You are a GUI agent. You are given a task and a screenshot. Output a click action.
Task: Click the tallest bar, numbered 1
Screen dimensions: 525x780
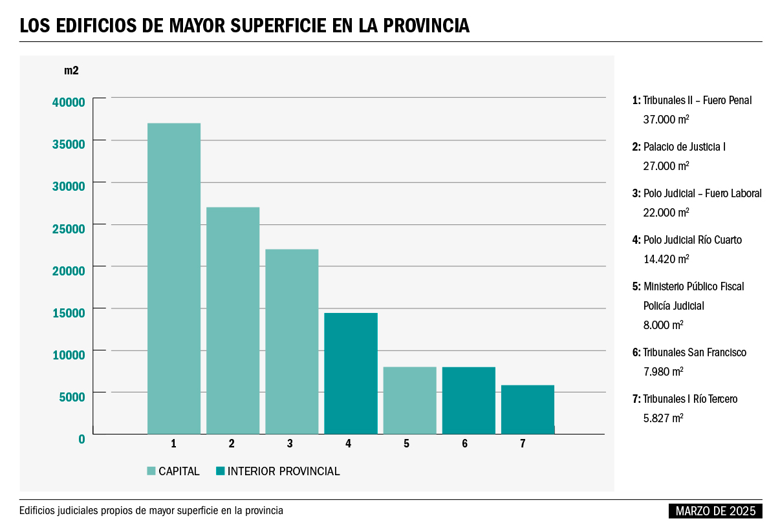coord(174,278)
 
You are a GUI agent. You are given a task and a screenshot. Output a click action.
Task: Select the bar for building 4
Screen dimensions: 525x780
coord(351,373)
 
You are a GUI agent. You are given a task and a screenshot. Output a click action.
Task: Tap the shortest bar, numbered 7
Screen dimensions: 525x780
coord(528,409)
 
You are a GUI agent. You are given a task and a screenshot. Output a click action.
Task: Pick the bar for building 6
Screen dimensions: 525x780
coord(469,400)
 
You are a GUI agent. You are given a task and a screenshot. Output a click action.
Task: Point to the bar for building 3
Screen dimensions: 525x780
coord(292,341)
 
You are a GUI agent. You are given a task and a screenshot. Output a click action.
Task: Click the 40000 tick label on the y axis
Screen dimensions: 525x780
coord(69,102)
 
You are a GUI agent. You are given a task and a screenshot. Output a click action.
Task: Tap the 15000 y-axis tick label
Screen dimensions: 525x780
coord(69,313)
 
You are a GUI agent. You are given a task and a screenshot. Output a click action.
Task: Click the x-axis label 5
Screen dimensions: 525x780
coord(406,444)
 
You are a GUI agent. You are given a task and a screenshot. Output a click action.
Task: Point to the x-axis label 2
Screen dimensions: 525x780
coord(231,444)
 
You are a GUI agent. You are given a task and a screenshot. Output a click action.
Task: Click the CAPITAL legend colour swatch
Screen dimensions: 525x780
coord(152,471)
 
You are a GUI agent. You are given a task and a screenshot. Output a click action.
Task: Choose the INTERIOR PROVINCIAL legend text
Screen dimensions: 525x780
coord(283,471)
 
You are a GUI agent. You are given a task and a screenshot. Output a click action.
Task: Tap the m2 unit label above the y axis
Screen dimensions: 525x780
coord(71,70)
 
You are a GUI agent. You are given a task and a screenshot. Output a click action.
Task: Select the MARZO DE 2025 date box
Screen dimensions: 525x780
coord(715,511)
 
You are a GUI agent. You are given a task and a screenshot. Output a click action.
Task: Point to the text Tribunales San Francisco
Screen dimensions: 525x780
coord(694,352)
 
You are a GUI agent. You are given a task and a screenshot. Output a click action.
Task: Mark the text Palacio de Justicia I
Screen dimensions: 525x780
coord(684,147)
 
